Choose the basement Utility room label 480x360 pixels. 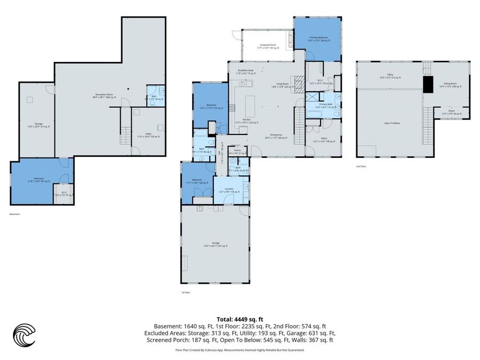click(140, 134)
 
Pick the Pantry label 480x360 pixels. click(237, 152)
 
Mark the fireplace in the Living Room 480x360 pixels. click(299, 82)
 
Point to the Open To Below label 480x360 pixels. click(393, 123)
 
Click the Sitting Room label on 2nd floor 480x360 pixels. click(449, 84)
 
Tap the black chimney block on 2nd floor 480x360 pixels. click(427, 84)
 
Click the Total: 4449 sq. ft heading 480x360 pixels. click(239, 318)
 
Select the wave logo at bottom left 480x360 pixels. click(24, 335)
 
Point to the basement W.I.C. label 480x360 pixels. click(63, 194)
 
